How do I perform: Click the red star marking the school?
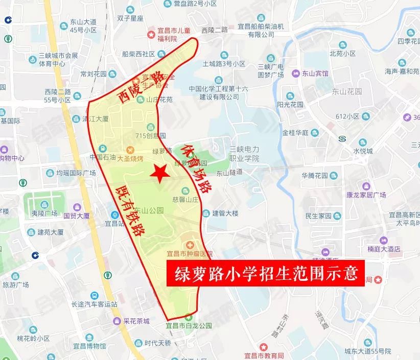tap(160, 173)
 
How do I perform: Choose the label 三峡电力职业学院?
tap(244, 154)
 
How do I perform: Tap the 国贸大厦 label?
tap(77, 215)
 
